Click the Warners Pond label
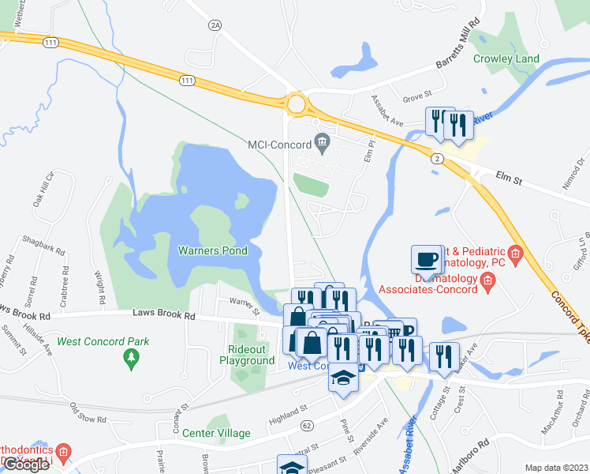tap(213, 251)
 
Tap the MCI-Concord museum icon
tap(322, 143)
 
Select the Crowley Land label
tap(506, 58)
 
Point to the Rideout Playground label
tap(251, 355)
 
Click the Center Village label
tap(216, 433)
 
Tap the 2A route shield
tap(215, 25)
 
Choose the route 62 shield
tap(307, 426)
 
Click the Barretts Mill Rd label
tap(447, 56)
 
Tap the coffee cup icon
tap(427, 259)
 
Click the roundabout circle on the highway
tap(297, 104)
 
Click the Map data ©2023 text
tap(556, 468)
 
